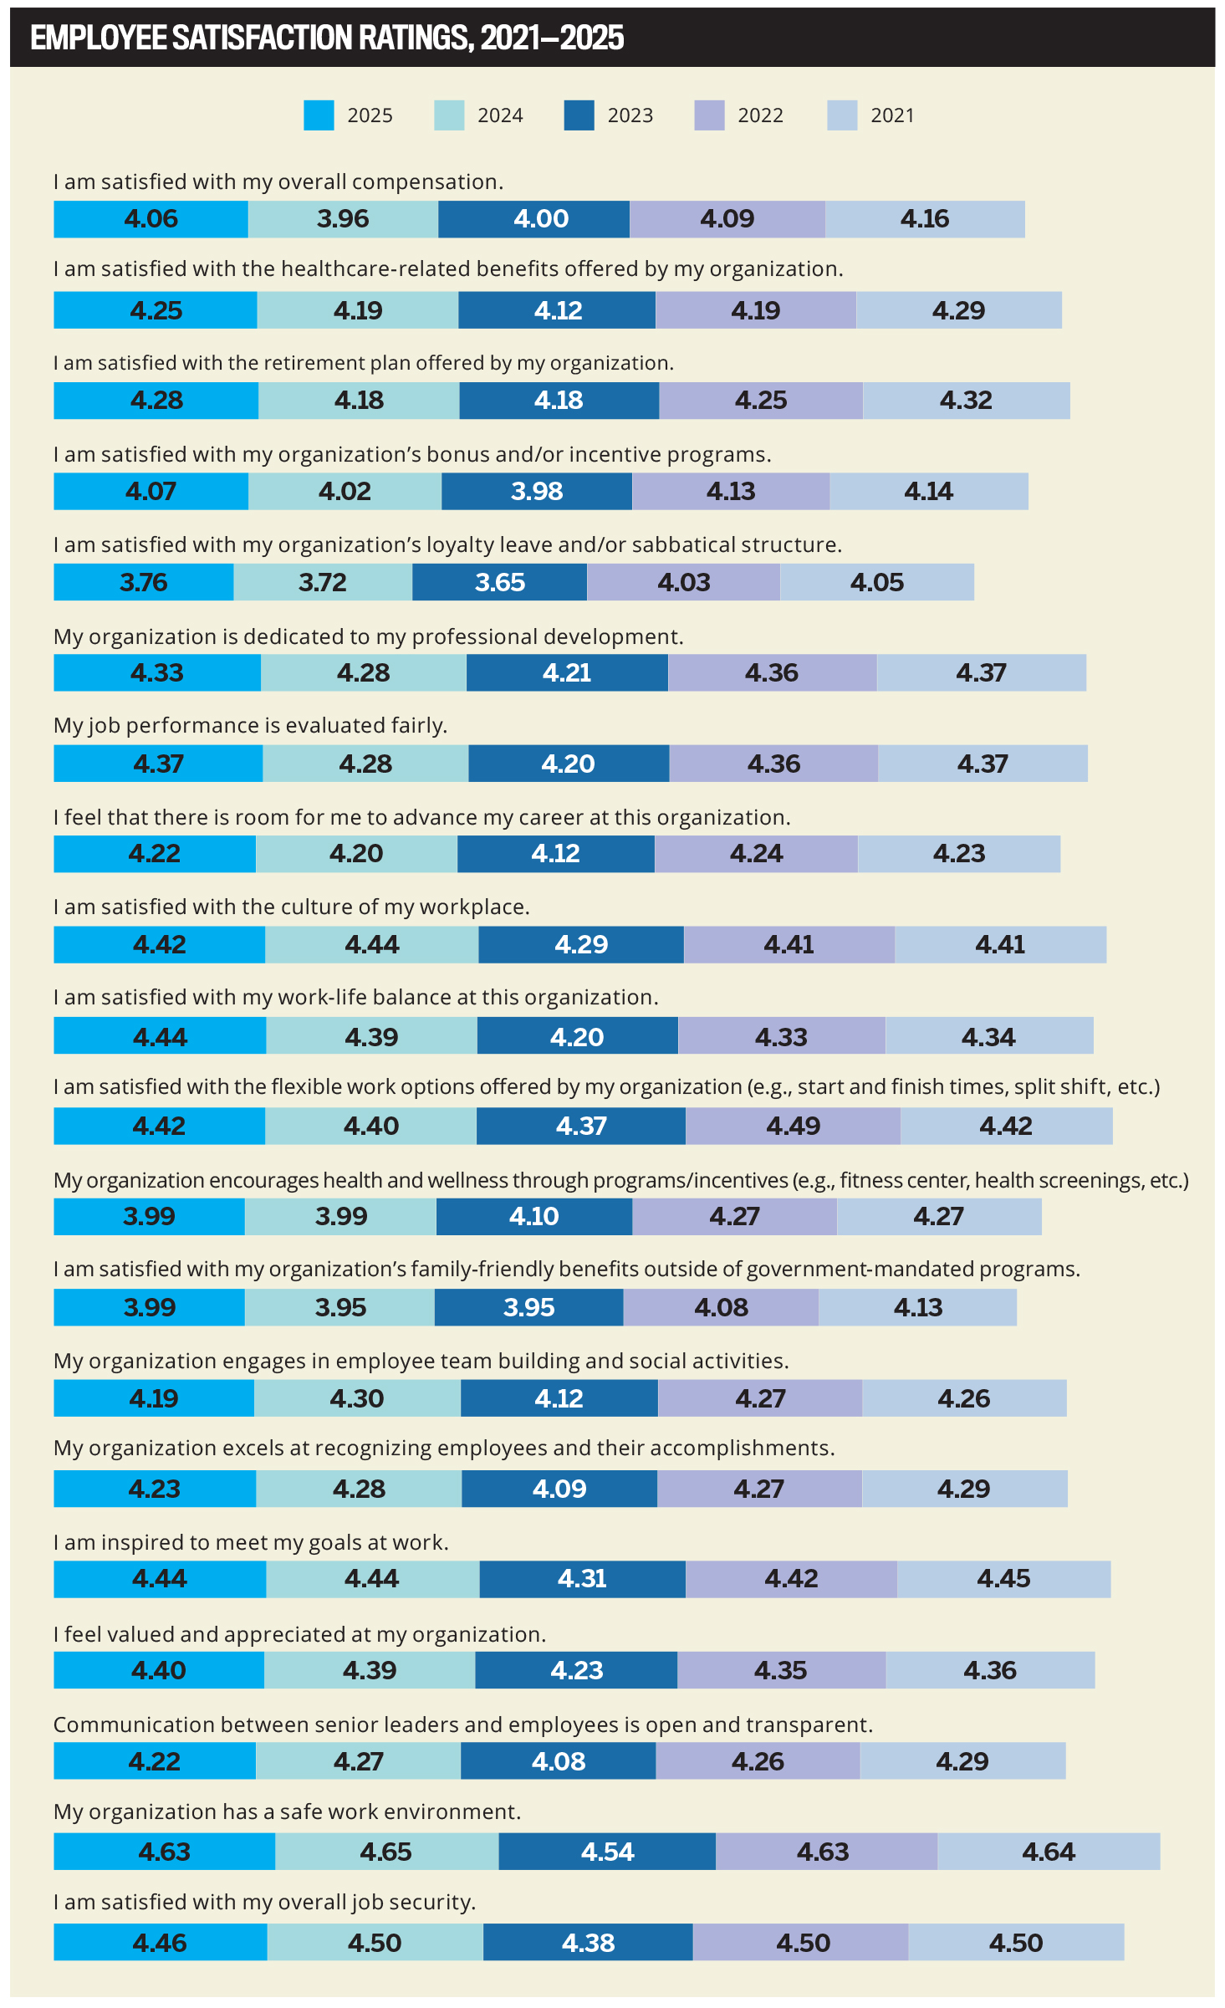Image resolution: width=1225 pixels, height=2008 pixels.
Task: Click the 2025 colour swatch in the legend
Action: tap(319, 115)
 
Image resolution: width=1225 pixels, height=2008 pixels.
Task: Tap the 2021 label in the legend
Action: tap(892, 115)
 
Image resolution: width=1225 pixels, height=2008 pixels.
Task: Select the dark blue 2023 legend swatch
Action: tap(579, 115)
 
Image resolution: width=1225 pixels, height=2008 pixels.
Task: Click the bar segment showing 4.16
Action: tap(925, 219)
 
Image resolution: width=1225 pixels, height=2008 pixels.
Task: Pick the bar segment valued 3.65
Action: tap(499, 582)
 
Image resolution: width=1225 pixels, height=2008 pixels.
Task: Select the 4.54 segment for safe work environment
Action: tap(607, 1852)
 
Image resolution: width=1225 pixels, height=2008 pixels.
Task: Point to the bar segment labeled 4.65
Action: tap(386, 1852)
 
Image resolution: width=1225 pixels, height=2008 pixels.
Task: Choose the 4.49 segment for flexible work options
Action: tap(793, 1126)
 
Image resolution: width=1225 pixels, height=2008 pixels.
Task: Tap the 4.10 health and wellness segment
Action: tap(533, 1216)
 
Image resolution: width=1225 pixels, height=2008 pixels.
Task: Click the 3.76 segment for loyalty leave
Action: tap(143, 582)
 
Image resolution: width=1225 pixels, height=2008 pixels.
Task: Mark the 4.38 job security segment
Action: tap(588, 1942)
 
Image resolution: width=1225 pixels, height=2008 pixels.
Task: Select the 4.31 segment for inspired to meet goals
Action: tap(582, 1579)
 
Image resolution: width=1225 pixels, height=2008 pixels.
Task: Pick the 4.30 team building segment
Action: tap(357, 1398)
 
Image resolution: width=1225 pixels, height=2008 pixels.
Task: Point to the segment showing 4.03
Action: tap(683, 582)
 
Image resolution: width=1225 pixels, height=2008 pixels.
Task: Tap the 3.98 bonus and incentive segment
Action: tap(537, 491)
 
